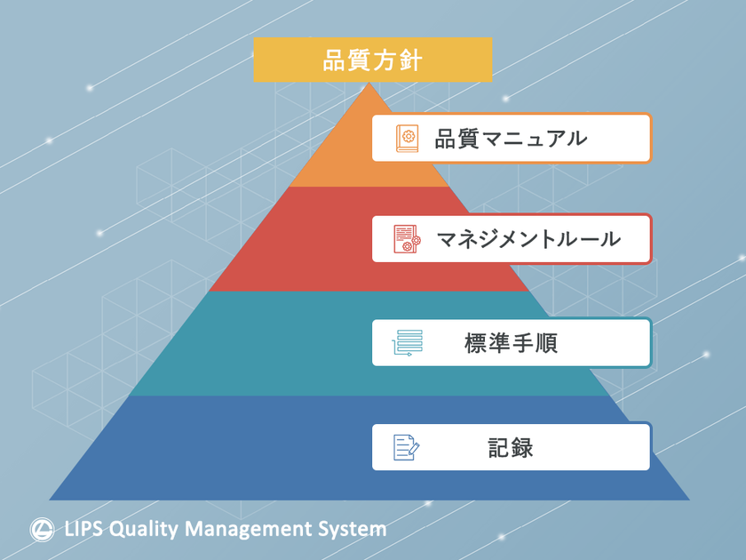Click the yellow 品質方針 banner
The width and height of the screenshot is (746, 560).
click(372, 60)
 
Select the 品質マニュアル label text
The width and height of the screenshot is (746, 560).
click(511, 139)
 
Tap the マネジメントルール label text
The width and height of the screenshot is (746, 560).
click(528, 239)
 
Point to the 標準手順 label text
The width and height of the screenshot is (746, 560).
click(511, 343)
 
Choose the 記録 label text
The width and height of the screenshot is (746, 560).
click(511, 448)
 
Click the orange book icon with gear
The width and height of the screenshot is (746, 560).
click(408, 138)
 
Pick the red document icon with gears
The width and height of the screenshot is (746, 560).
click(408, 239)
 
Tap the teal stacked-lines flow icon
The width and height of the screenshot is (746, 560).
click(408, 343)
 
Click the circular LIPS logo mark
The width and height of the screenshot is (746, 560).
click(42, 530)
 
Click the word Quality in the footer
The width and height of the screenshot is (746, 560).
click(144, 530)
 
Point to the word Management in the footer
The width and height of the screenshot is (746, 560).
click(248, 530)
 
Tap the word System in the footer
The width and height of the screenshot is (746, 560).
click(353, 530)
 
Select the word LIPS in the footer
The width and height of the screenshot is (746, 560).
click(83, 529)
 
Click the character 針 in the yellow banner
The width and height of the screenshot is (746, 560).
click(410, 60)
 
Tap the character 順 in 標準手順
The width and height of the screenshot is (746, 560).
click(546, 343)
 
